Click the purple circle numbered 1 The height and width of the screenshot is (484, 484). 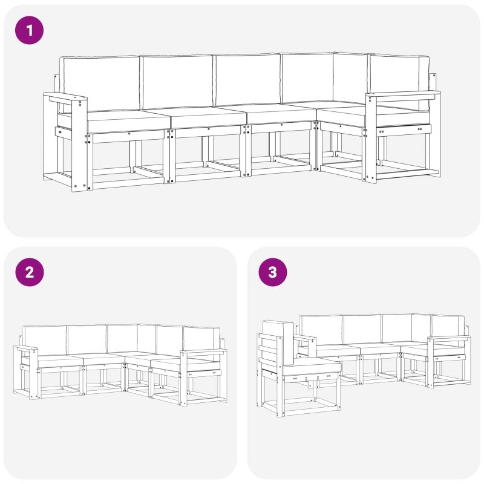[x=29, y=30]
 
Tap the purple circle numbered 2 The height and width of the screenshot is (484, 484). [x=29, y=272]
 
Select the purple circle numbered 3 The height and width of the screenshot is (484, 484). [x=273, y=272]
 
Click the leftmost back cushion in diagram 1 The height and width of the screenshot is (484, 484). [x=100, y=83]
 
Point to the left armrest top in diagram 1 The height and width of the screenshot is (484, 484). [x=65, y=98]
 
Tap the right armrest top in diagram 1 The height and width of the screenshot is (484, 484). [x=403, y=95]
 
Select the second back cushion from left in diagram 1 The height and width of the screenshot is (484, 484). [x=177, y=82]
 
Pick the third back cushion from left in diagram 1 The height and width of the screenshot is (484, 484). [x=247, y=80]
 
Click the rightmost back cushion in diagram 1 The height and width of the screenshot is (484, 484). [x=398, y=82]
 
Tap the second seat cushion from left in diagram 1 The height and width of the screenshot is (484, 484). [x=209, y=117]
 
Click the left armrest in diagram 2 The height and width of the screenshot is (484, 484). [x=26, y=349]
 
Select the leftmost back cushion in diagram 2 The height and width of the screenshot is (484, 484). [x=45, y=341]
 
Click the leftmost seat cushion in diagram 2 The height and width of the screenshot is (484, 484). [x=60, y=361]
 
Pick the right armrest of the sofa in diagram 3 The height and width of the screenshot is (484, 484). [x=449, y=338]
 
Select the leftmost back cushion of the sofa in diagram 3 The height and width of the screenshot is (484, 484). [x=321, y=330]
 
